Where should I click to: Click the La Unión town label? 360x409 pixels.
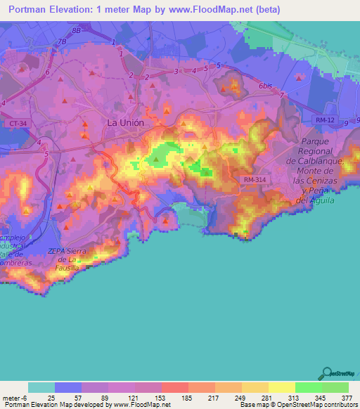(125, 122)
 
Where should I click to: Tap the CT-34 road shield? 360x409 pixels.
(18, 124)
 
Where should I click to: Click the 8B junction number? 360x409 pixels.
(77, 32)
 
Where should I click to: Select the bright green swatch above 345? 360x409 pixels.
(308, 387)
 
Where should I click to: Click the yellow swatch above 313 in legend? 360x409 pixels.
(281, 387)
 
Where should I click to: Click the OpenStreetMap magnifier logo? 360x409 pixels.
(327, 372)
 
